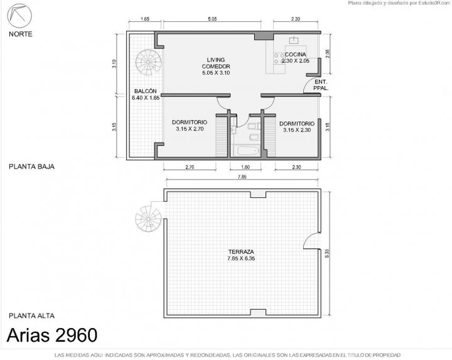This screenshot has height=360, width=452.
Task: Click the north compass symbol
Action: point(19,16)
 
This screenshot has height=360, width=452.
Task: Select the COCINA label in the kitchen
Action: point(296,54)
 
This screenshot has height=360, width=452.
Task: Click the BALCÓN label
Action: point(145,91)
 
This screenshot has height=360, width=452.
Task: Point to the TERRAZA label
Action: point(241,251)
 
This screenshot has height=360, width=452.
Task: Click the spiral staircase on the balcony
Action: point(148,62)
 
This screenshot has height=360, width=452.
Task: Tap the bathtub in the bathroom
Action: point(247,151)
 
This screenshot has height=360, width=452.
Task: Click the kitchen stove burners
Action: point(279,58)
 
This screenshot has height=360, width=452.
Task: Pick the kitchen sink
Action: point(294,40)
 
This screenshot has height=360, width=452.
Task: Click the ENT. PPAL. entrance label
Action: point(321,85)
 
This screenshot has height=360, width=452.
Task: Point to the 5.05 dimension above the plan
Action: point(212,19)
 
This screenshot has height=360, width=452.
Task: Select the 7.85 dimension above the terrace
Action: point(242,177)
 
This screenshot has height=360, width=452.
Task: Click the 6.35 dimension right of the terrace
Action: point(327,253)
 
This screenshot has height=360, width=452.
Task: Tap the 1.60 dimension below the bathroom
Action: point(245,167)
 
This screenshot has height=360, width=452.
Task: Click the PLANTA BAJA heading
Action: point(32,166)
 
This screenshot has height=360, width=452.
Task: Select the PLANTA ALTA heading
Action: point(32,316)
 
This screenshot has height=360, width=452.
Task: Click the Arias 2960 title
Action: point(52,335)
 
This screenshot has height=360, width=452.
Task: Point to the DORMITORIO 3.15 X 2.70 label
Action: point(190,126)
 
